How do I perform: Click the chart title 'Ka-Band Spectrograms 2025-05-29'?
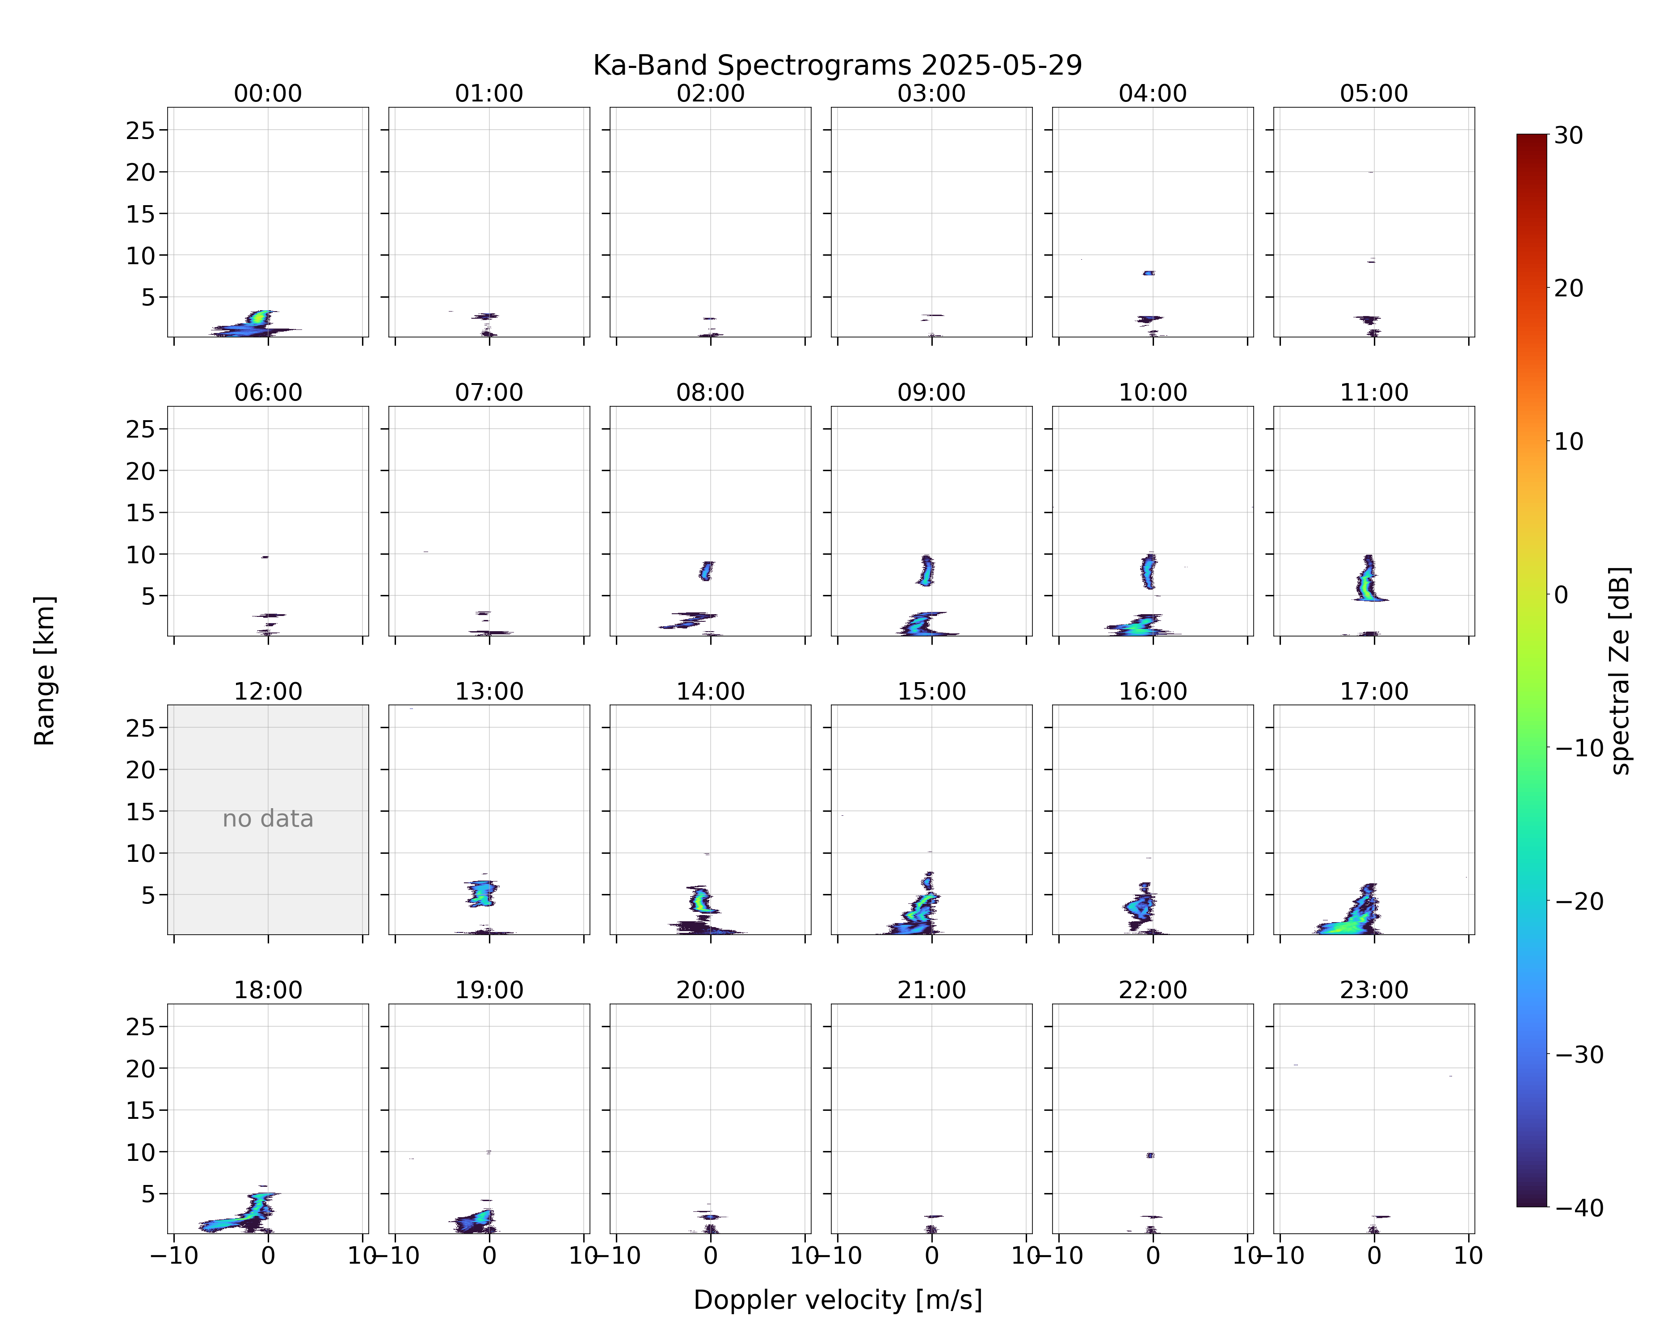[837, 65]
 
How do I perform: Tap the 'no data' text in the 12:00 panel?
[268, 818]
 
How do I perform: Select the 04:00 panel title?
[1153, 93]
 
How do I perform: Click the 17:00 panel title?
[1373, 691]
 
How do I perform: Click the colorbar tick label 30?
[1569, 135]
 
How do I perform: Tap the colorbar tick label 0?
[1562, 595]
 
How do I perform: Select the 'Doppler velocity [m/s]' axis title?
[837, 1300]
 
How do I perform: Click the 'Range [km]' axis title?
[44, 671]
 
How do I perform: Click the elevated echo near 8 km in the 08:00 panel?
[706, 571]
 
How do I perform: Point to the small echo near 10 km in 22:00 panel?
[1150, 1155]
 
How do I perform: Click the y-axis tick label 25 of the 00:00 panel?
[141, 131]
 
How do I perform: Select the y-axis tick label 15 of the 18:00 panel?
[141, 1110]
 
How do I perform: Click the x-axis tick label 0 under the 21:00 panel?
[931, 1256]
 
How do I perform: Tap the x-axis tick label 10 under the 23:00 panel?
[1469, 1256]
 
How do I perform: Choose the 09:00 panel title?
[931, 392]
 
